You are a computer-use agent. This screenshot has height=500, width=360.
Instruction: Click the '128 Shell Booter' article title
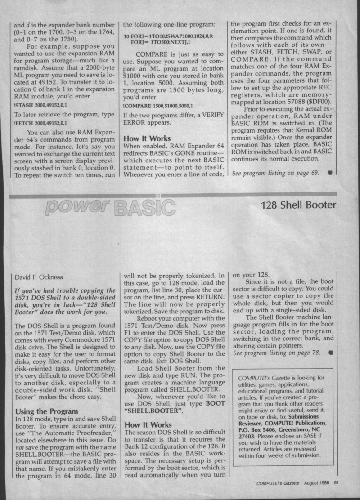(x=298, y=205)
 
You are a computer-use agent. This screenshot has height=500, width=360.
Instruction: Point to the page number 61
(x=336, y=484)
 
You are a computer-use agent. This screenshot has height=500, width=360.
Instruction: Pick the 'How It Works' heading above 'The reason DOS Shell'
(x=148, y=424)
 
